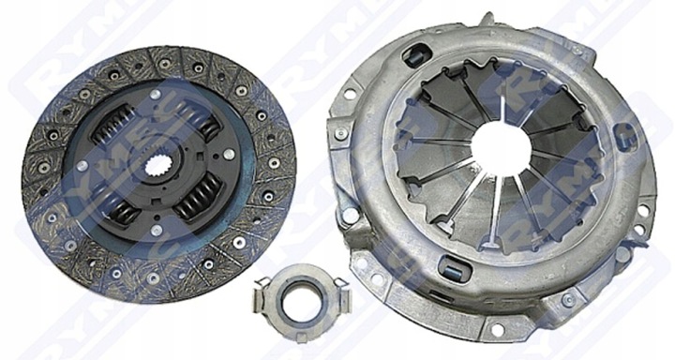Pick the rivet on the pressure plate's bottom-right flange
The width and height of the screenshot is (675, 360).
pyautogui.click(x=593, y=301)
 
